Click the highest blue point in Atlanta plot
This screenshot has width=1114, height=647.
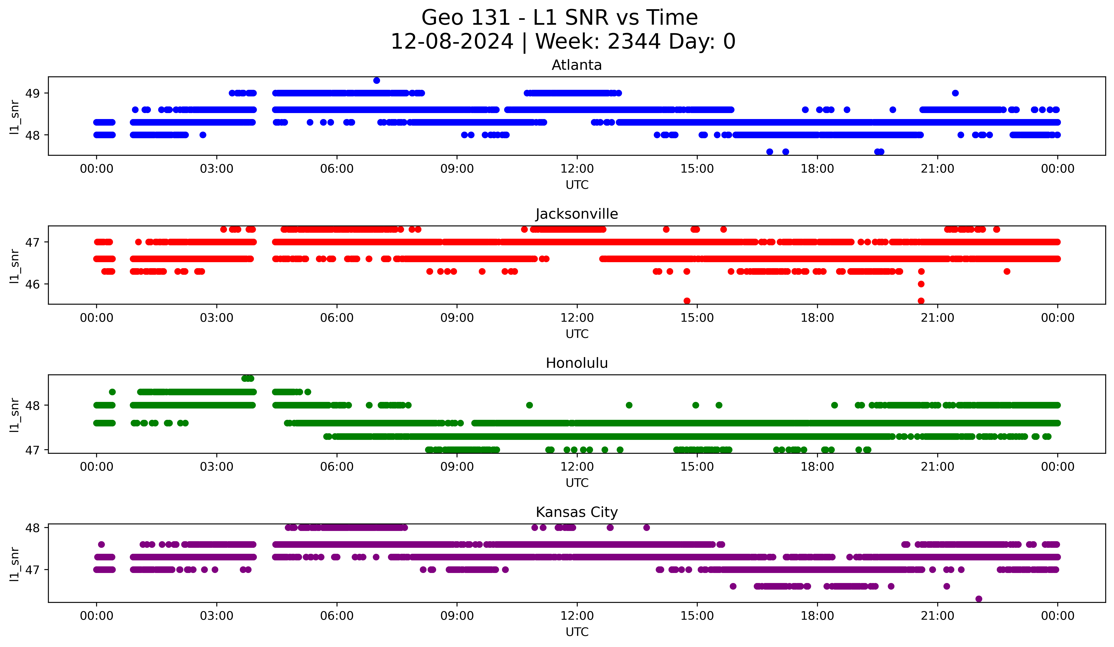(377, 80)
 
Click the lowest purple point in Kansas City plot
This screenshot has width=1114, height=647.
(979, 599)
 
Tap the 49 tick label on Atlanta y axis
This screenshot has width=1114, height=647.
(32, 93)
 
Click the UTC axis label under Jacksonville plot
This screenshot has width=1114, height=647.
(577, 334)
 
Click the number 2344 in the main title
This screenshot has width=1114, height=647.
(634, 42)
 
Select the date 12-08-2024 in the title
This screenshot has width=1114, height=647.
(452, 42)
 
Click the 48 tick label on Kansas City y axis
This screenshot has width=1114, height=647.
(32, 528)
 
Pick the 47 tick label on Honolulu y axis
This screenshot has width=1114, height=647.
(32, 450)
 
